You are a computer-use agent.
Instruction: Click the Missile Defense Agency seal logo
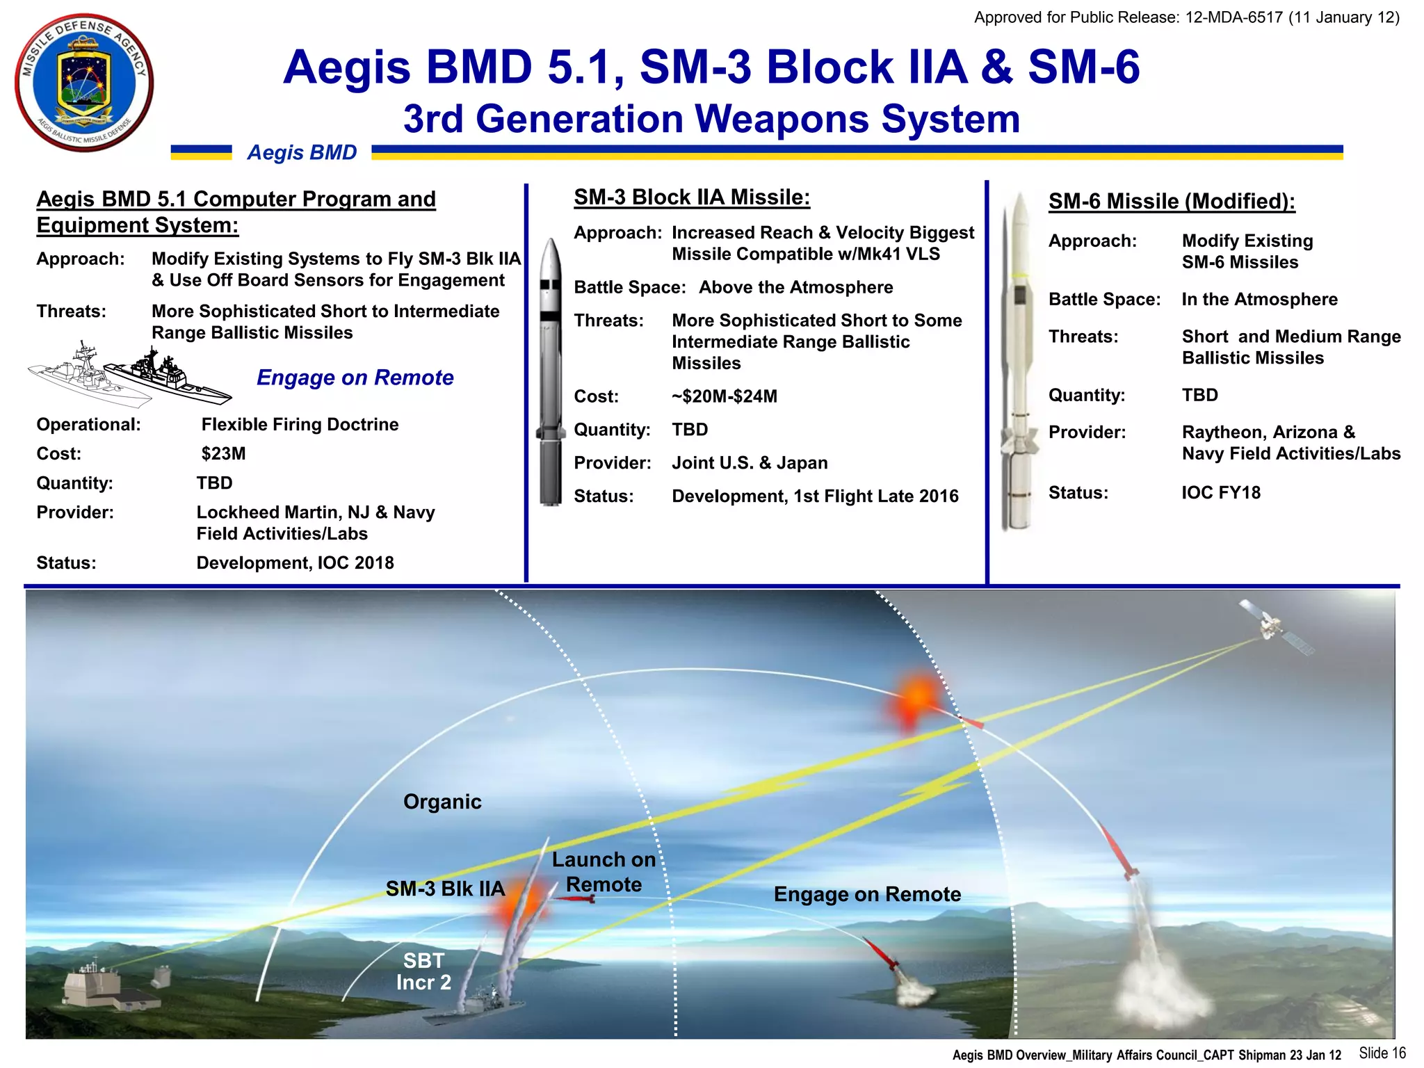pos(84,82)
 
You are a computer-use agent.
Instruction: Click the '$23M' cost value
pos(223,454)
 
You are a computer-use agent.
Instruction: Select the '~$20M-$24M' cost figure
pos(724,396)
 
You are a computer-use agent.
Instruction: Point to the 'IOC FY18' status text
pos(1220,493)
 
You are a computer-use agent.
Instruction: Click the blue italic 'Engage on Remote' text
pos(355,378)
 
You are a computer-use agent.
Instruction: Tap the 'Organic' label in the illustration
pos(442,802)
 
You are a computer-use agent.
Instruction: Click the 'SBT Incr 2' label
pos(423,971)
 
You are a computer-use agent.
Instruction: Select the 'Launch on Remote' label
pos(604,872)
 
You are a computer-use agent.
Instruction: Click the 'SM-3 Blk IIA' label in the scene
pos(445,889)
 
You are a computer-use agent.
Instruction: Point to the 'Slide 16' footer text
pos(1382,1053)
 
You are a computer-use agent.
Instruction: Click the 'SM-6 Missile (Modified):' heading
pos(1172,201)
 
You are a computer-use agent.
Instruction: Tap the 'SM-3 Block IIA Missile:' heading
pos(692,197)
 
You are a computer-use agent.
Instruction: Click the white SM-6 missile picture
pos(1019,362)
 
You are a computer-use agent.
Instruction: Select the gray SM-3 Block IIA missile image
pos(551,372)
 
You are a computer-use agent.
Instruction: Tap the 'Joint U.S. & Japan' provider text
pos(750,463)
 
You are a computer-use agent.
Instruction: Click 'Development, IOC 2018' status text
pos(295,563)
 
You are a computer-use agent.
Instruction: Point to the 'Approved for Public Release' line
pos(1186,17)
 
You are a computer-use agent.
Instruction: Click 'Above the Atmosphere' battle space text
pos(795,288)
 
